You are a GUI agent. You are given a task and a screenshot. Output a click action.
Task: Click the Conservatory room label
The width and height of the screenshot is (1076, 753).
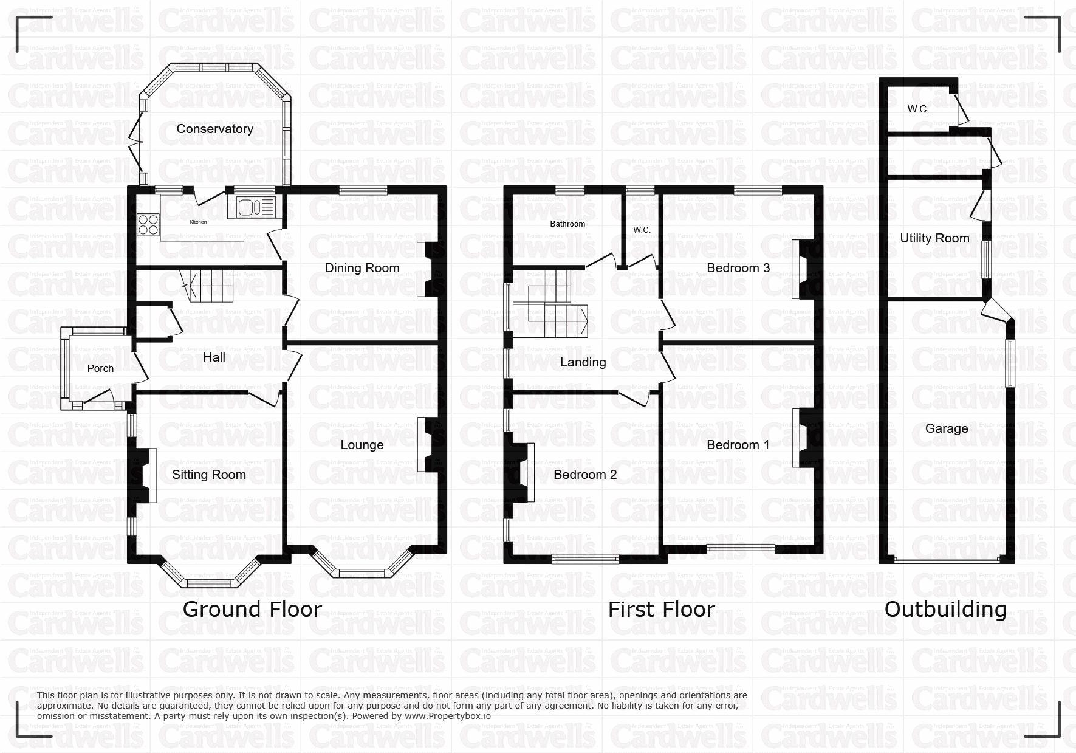click(x=214, y=129)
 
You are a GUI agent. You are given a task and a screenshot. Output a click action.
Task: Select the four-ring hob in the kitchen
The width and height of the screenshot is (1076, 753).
click(x=148, y=225)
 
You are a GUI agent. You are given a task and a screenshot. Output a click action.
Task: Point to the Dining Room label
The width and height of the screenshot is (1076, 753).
click(x=362, y=268)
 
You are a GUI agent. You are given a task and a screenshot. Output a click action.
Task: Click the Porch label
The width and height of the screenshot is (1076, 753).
click(x=100, y=368)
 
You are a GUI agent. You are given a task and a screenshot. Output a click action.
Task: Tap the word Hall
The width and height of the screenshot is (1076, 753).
click(x=214, y=357)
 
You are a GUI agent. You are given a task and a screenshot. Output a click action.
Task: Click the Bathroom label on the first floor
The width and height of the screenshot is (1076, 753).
click(x=567, y=224)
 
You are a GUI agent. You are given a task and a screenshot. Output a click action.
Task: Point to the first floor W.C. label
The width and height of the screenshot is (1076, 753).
click(x=642, y=230)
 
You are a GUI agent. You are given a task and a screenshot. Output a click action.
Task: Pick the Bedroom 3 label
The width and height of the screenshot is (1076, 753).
click(x=738, y=268)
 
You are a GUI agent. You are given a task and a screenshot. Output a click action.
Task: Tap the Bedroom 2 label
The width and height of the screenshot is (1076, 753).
click(x=585, y=475)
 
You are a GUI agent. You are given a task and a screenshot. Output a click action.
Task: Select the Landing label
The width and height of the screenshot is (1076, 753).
click(x=583, y=362)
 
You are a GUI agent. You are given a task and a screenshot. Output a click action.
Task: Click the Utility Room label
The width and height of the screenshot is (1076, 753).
click(x=934, y=238)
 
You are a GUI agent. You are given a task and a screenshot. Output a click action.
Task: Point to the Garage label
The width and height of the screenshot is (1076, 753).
click(x=947, y=428)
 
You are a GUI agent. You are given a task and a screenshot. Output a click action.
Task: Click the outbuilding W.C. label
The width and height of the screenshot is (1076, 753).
click(x=918, y=109)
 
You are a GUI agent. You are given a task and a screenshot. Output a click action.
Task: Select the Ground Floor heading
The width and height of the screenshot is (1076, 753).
click(x=252, y=609)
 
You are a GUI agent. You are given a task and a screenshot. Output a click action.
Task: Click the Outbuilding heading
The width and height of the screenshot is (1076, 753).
click(x=945, y=609)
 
